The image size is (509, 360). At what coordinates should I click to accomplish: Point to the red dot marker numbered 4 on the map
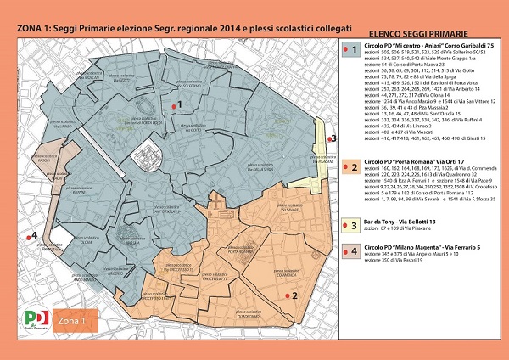(x=26, y=237)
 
